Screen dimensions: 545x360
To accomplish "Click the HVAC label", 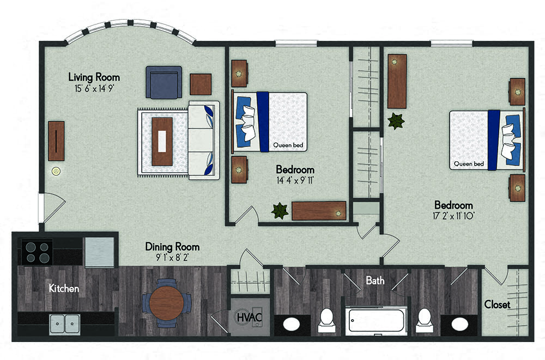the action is coord(249,318).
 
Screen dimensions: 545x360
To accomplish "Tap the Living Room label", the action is coord(94,77).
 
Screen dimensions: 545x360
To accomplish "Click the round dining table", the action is coord(166,303).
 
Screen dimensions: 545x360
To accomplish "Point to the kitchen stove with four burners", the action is coord(37,252).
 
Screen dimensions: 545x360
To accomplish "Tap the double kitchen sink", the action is coord(65,324).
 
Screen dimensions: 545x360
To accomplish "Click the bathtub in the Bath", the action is coord(377,320).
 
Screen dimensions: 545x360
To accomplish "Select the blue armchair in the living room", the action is coord(163,83).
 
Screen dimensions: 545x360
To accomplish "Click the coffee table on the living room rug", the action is coord(162,142).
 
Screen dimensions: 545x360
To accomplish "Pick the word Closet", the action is coord(497,305).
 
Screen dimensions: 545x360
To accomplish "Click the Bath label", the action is coord(375,280).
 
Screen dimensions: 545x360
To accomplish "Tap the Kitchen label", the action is coord(64,288).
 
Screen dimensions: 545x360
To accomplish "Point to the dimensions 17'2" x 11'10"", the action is coord(453,216).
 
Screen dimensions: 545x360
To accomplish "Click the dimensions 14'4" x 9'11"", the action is coord(295,180).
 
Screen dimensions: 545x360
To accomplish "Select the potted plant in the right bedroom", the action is coord(396,121).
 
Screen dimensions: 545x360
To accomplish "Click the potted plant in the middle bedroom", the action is coord(280,211).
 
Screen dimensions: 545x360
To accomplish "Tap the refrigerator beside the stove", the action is coord(99,252).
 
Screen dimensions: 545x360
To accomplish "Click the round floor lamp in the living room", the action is coord(56,171).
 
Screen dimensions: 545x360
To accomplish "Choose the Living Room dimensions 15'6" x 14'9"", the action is coord(94,88).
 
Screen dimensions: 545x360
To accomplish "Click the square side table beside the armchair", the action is coord(201,84).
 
